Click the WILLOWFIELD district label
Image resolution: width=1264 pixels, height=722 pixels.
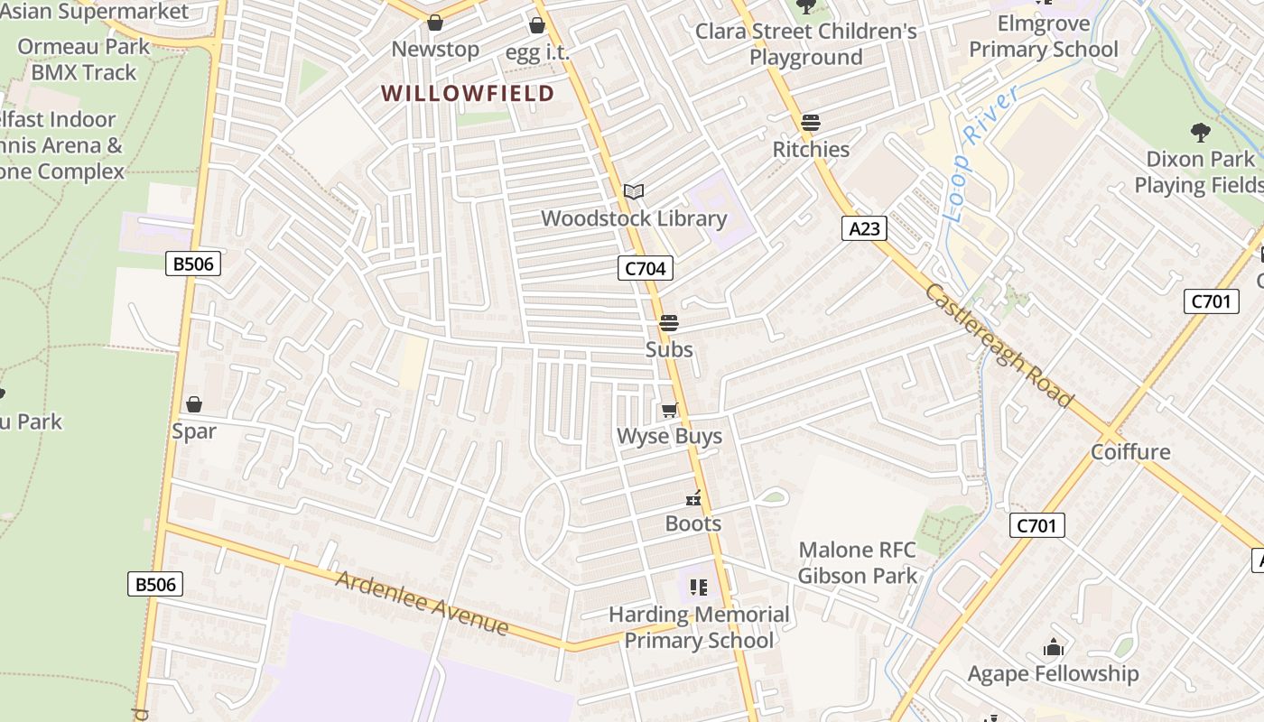[467, 93]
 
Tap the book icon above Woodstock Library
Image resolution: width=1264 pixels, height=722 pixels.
[634, 191]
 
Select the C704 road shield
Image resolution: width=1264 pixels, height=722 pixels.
[646, 268]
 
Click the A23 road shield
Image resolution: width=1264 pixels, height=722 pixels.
[864, 228]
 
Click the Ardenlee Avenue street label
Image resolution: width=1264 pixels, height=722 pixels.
[422, 602]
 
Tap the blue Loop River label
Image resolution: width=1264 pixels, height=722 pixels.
[979, 153]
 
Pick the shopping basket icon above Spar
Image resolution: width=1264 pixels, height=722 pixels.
[193, 404]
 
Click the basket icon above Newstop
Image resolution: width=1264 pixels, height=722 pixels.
[435, 23]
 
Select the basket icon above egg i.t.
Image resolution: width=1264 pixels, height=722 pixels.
[537, 25]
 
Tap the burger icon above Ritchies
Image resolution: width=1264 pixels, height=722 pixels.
[811, 123]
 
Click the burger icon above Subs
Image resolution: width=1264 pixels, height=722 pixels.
[668, 322]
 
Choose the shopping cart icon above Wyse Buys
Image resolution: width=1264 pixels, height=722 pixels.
[669, 411]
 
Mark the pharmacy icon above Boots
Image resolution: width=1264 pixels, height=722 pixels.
[693, 497]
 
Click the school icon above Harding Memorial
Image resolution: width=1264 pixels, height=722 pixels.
[699, 588]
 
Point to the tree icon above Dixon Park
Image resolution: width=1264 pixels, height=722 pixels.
[1200, 134]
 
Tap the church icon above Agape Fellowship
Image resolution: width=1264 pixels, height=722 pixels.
[1053, 647]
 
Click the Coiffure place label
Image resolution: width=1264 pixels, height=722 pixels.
[1130, 452]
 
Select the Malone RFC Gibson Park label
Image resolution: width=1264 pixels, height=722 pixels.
[857, 562]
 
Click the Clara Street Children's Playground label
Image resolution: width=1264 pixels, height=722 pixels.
[805, 44]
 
